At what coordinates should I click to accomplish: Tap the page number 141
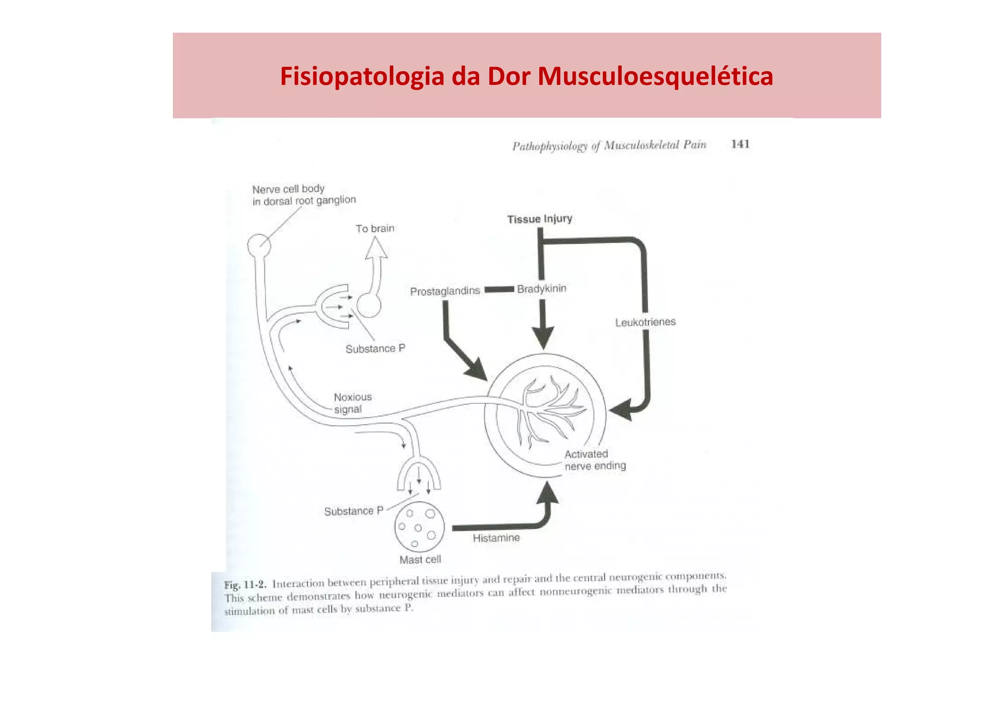[x=740, y=144]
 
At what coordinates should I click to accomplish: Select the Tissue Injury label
[x=539, y=219]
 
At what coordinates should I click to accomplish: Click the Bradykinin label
[x=541, y=289]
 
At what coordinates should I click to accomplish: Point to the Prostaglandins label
[x=445, y=291]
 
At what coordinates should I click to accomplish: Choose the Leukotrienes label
[x=645, y=322]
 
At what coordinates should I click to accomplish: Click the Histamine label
[x=496, y=538]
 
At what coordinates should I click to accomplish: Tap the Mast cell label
[x=420, y=560]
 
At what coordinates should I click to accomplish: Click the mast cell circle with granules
[x=419, y=527]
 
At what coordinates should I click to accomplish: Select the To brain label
[x=375, y=229]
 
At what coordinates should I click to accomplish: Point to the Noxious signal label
[x=352, y=403]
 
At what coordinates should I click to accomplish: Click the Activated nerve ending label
[x=595, y=460]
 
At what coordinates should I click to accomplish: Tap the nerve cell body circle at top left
[x=258, y=245]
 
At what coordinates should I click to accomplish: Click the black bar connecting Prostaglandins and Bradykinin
[x=499, y=290]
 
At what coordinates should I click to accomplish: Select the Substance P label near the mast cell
[x=353, y=511]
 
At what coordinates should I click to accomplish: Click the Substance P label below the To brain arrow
[x=375, y=349]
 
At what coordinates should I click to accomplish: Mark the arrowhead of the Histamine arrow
[x=548, y=493]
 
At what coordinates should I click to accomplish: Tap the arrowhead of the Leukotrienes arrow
[x=619, y=410]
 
